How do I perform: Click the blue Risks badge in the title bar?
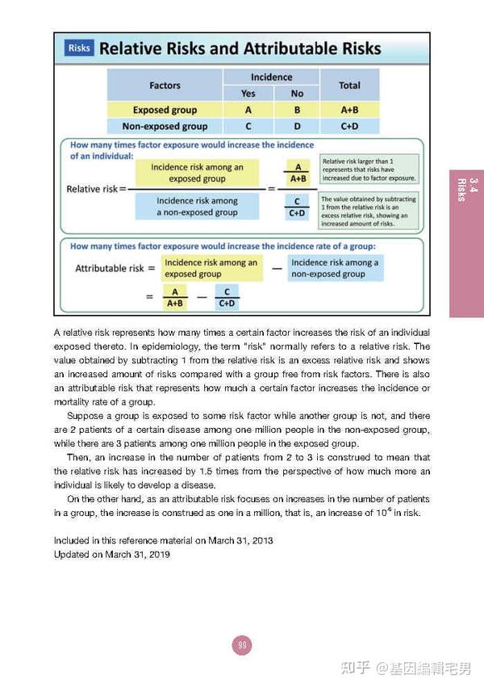79,48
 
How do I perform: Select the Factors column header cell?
165,85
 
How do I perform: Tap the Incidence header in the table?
271,77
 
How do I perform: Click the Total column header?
349,85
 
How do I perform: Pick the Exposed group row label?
165,110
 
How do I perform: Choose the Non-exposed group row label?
165,126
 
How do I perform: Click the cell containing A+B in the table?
349,110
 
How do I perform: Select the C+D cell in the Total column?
349,126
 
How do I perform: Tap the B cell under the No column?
297,110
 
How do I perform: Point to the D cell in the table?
297,126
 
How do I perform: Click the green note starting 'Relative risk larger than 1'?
368,170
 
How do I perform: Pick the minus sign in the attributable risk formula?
276,268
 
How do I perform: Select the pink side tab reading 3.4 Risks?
466,242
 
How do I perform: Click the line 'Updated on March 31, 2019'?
111,555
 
